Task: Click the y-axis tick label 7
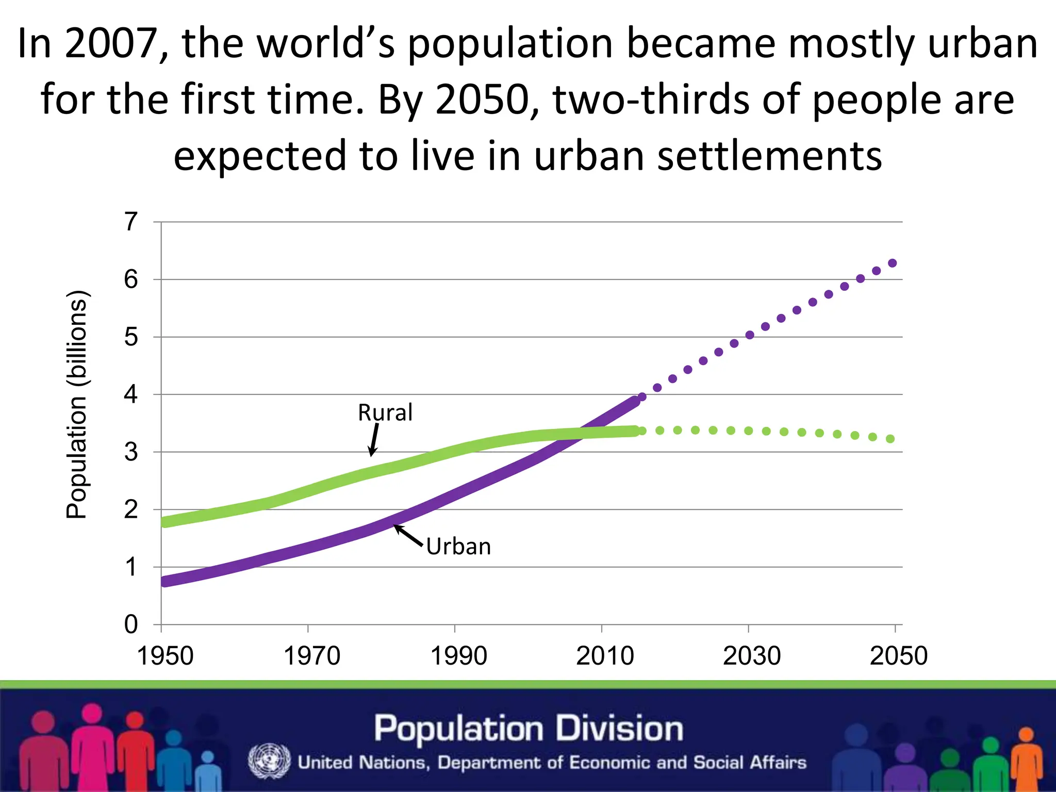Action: [131, 222]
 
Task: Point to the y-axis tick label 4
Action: [131, 395]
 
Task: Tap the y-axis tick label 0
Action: [131, 624]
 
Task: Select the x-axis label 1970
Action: [312, 656]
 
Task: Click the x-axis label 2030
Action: [752, 656]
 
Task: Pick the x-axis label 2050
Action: [899, 656]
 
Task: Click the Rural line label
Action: [385, 412]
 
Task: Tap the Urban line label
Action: [458, 547]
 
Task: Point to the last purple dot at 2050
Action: [893, 263]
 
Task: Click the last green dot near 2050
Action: [890, 439]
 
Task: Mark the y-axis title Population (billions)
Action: [77, 405]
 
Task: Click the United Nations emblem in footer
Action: [269, 761]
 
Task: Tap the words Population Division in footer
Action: [529, 729]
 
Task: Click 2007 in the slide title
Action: [111, 44]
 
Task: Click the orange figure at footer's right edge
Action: [1026, 758]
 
